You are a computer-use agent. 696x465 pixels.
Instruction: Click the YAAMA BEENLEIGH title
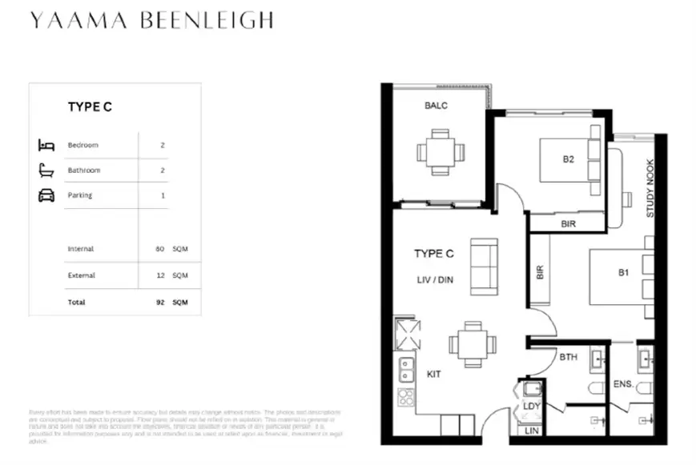[151, 20]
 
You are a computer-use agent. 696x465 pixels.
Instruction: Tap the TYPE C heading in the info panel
[90, 106]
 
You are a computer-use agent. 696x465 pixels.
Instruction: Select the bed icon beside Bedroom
[46, 145]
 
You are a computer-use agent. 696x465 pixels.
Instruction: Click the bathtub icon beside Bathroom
[46, 170]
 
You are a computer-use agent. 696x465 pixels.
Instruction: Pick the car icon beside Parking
[46, 195]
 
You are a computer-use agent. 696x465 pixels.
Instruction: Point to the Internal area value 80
[160, 250]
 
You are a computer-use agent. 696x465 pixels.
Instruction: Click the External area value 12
[160, 275]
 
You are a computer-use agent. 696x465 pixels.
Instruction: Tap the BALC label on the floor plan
[437, 106]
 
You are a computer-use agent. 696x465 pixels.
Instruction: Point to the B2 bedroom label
[568, 158]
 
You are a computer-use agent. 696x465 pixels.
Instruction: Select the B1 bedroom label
[623, 273]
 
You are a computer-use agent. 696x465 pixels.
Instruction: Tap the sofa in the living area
[484, 265]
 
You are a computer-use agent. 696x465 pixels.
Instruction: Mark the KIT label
[433, 374]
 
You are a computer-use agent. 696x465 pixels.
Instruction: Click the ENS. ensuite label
[624, 385]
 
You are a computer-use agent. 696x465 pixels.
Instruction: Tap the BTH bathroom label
[569, 357]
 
